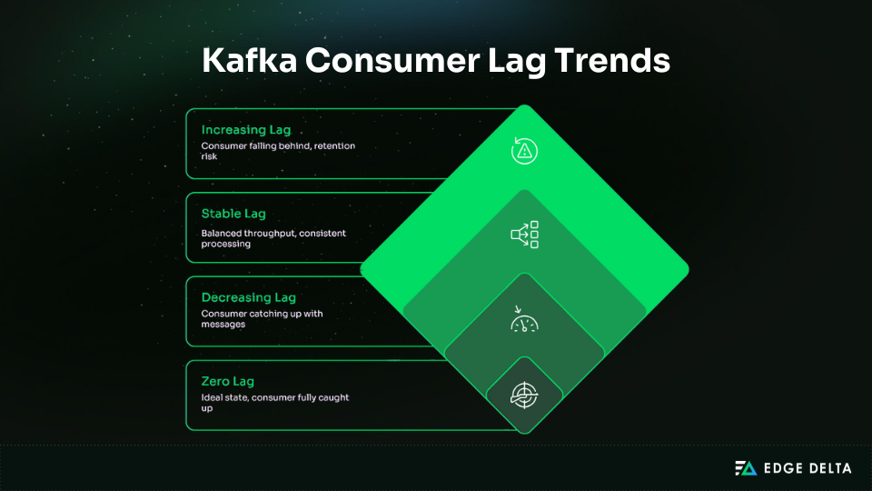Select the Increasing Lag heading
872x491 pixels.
pos(246,130)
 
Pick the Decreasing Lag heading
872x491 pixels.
pos(248,297)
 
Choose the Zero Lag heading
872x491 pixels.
pos(227,381)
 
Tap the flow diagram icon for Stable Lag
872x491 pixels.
pos(524,234)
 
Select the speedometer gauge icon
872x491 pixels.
pos(524,319)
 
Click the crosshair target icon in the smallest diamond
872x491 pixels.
pos(524,394)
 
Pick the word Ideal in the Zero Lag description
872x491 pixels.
pos(212,398)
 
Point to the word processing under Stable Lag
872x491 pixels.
pos(226,244)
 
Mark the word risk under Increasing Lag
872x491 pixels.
pos(209,156)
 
